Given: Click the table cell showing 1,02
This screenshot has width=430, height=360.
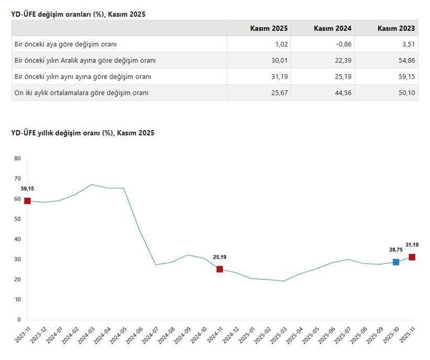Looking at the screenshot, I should [280, 44].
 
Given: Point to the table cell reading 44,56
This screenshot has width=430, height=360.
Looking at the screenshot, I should [343, 93].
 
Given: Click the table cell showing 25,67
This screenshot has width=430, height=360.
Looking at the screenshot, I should [279, 93].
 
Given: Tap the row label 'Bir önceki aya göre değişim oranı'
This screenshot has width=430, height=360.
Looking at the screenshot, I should [65, 44].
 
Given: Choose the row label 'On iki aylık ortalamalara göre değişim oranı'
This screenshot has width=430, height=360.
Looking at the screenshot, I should [81, 93].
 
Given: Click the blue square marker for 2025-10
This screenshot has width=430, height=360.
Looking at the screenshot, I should [396, 262].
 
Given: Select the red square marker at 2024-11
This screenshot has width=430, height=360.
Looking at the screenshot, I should [219, 269].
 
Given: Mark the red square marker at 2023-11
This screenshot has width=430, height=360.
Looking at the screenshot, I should [27, 201].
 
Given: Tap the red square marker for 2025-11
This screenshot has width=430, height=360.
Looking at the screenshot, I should [412, 257].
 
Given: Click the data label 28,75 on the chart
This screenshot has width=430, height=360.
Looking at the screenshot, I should [396, 250].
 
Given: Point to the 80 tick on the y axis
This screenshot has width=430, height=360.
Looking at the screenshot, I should [17, 159].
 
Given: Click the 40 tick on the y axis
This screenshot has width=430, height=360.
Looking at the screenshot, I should [17, 239].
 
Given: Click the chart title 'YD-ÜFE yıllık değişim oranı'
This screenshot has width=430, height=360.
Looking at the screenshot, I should [83, 133].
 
